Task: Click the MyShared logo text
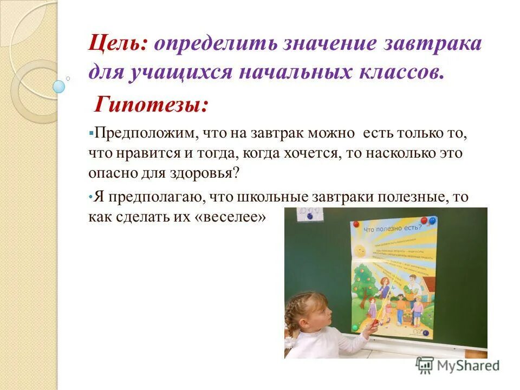[468, 366]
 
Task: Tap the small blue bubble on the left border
[59, 86]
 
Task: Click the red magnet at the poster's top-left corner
[354, 223]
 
